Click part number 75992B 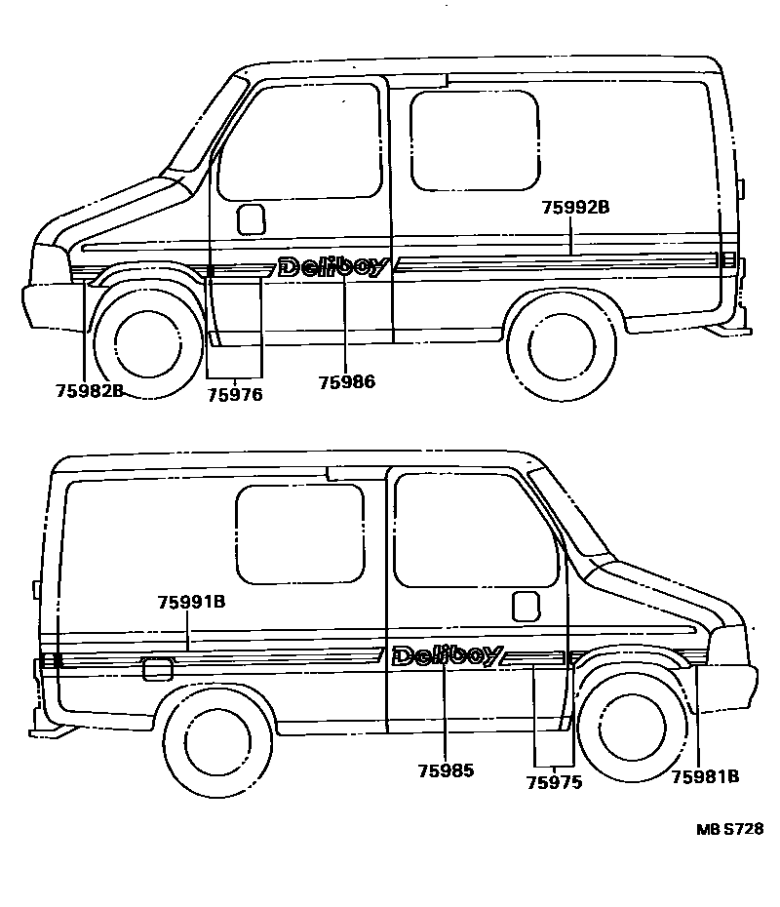point(575,207)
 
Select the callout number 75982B point(89,392)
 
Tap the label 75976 point(235,394)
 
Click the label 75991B point(191,603)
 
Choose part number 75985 point(446,770)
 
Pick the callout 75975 point(553,782)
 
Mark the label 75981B point(705,776)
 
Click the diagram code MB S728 point(729,829)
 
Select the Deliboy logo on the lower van point(448,656)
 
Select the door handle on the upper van point(252,219)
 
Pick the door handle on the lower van point(526,606)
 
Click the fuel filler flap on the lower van point(158,669)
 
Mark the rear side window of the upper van point(474,139)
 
